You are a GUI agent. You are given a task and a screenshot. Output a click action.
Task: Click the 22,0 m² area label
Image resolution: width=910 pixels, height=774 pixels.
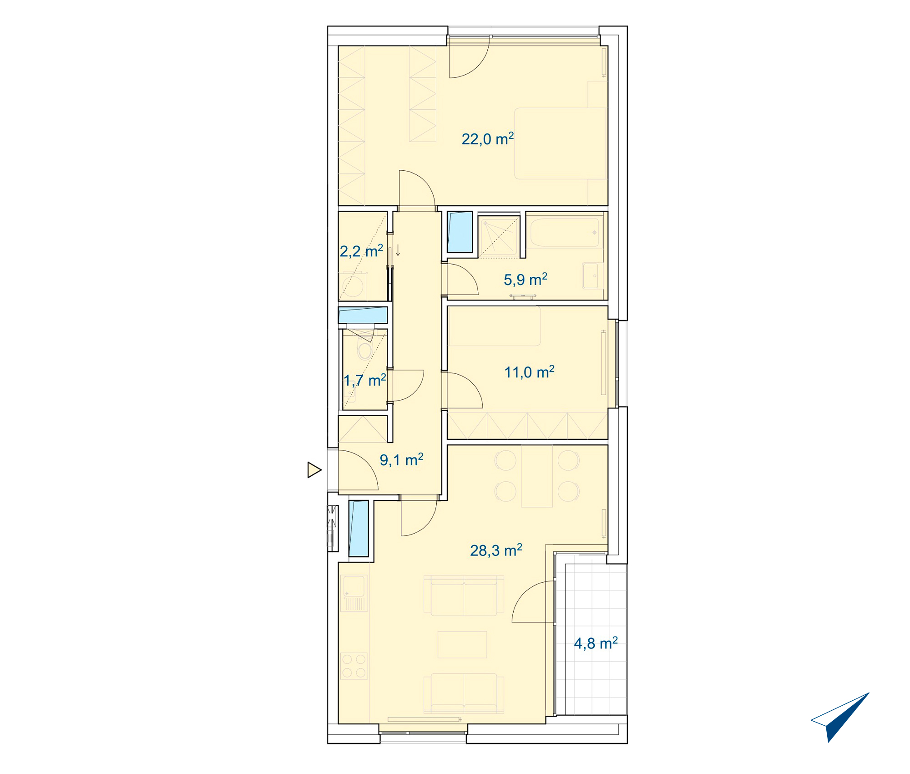[x=488, y=139]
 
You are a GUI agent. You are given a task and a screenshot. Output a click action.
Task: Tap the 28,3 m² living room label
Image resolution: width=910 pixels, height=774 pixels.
[x=496, y=550]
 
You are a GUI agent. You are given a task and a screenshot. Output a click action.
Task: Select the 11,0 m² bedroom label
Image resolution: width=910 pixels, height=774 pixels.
[x=529, y=372]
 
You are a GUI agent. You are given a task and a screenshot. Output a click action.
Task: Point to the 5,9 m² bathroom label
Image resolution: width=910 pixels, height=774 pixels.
[x=526, y=280]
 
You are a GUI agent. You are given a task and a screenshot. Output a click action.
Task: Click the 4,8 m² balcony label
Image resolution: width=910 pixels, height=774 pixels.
[x=596, y=643]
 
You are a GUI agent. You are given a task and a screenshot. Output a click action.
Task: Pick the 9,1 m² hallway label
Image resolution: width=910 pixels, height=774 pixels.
[x=402, y=460]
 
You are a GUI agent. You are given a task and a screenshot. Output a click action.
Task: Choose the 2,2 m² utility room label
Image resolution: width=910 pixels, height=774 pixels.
[x=362, y=251]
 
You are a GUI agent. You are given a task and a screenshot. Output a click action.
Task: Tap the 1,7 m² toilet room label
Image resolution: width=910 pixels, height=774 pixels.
[x=365, y=380]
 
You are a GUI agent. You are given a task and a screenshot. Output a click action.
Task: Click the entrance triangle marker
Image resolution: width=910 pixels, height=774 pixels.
[x=314, y=470]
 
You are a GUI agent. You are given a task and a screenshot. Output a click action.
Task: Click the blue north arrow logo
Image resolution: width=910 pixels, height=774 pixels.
[x=840, y=717]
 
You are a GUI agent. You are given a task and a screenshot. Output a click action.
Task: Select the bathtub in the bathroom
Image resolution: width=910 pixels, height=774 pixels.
[x=565, y=232]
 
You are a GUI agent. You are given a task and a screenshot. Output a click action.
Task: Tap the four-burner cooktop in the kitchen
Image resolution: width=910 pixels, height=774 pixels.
[x=354, y=666]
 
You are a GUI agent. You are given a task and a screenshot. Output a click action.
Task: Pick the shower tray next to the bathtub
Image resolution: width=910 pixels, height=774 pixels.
[x=499, y=236]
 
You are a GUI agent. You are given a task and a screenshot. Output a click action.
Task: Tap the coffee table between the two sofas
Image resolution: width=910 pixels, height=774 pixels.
[x=462, y=644]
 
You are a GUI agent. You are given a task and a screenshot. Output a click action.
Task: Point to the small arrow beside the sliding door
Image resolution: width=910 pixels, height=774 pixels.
[x=398, y=250]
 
